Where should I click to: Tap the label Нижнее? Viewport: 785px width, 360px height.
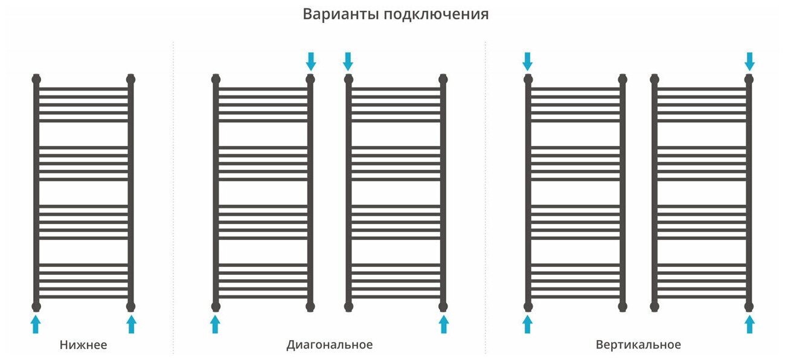83,346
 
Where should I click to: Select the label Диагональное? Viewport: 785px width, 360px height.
329,346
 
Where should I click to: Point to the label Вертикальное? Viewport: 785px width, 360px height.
638,346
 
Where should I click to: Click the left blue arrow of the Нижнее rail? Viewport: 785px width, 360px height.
36,324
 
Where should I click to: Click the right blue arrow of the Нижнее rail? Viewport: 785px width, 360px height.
131,324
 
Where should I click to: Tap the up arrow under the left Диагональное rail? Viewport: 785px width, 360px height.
215,324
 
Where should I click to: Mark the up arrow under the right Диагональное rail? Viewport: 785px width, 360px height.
444,324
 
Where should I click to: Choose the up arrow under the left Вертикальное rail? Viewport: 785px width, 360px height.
528,324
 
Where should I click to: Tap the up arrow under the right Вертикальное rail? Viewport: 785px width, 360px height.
749,324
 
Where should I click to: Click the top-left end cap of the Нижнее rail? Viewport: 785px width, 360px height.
36,79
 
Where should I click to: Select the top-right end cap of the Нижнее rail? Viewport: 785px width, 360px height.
131,79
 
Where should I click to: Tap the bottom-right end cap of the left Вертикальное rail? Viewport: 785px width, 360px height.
623,306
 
